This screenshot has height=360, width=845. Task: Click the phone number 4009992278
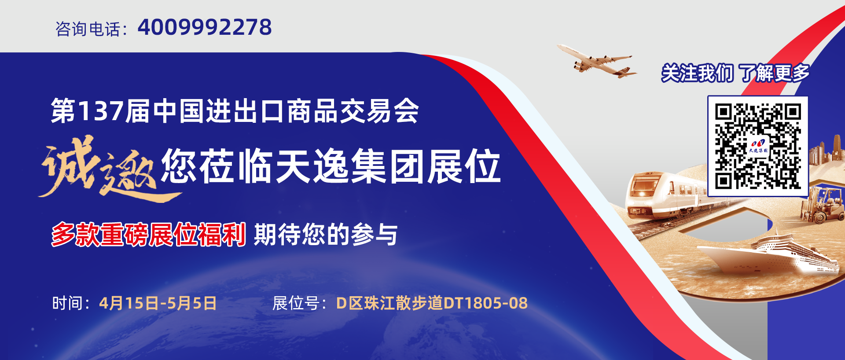205,27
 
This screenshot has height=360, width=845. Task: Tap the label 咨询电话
88,29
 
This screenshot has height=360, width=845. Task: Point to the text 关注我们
697,73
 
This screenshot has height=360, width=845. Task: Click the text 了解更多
774,73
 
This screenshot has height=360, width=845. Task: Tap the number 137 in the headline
100,111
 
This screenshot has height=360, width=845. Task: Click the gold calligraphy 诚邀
99,167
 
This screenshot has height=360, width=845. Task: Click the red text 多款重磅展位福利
148,234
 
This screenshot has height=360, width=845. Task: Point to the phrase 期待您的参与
326,234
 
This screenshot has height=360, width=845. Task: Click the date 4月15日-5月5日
158,303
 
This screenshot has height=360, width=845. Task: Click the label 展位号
296,303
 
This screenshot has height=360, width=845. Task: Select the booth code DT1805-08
485,303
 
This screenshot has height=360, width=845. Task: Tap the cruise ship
768,254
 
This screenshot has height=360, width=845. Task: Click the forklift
821,205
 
